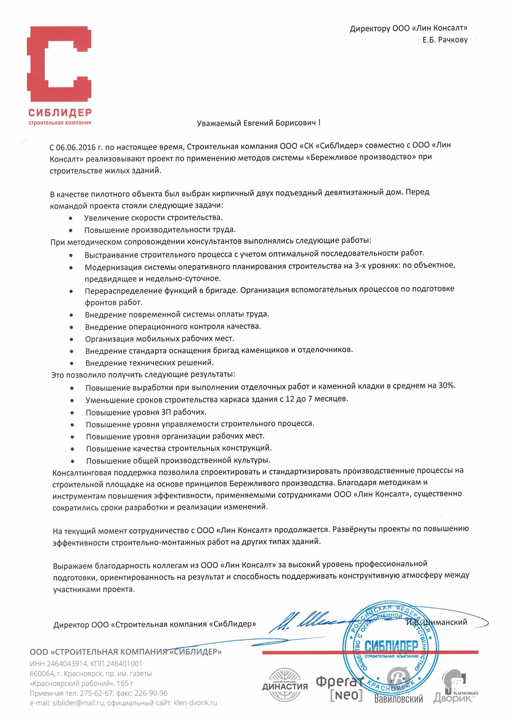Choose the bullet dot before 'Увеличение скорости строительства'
71,218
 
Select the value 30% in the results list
447,386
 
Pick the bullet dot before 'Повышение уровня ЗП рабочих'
72,413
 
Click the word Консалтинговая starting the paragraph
84,473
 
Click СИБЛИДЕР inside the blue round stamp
386,646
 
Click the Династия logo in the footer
285,685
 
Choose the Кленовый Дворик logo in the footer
456,688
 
